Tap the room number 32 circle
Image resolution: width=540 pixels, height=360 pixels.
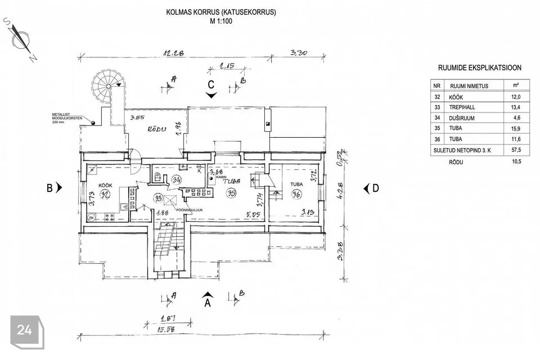click(105, 194)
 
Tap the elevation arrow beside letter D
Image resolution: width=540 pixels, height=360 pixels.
click(366, 188)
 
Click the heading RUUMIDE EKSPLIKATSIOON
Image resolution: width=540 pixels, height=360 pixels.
click(479, 68)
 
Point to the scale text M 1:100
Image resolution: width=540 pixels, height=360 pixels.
click(220, 21)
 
